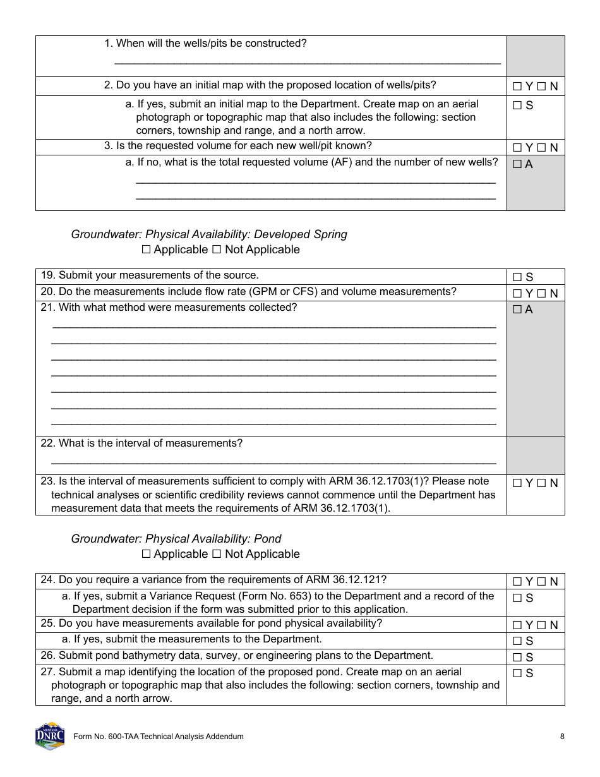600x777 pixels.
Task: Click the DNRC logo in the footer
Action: pyautogui.click(x=50, y=736)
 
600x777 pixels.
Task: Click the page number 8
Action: pyautogui.click(x=562, y=737)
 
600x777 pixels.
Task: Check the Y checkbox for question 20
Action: pyautogui.click(x=517, y=294)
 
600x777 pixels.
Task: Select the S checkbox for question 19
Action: pyautogui.click(x=517, y=277)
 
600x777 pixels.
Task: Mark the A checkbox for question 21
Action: pyautogui.click(x=517, y=310)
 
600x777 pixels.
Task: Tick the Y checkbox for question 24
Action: pyautogui.click(x=517, y=582)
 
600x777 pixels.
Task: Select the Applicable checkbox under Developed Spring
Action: pyautogui.click(x=147, y=250)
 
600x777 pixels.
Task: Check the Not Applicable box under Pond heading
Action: pyautogui.click(x=216, y=555)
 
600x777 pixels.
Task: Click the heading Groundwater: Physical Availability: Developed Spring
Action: pyautogui.click(x=209, y=234)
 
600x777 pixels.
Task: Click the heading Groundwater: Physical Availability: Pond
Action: pyautogui.click(x=176, y=539)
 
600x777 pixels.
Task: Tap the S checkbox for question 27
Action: pyautogui.click(x=517, y=673)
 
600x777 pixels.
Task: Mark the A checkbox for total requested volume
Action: pyautogui.click(x=517, y=165)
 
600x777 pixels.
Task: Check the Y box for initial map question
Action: pyautogui.click(x=517, y=87)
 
